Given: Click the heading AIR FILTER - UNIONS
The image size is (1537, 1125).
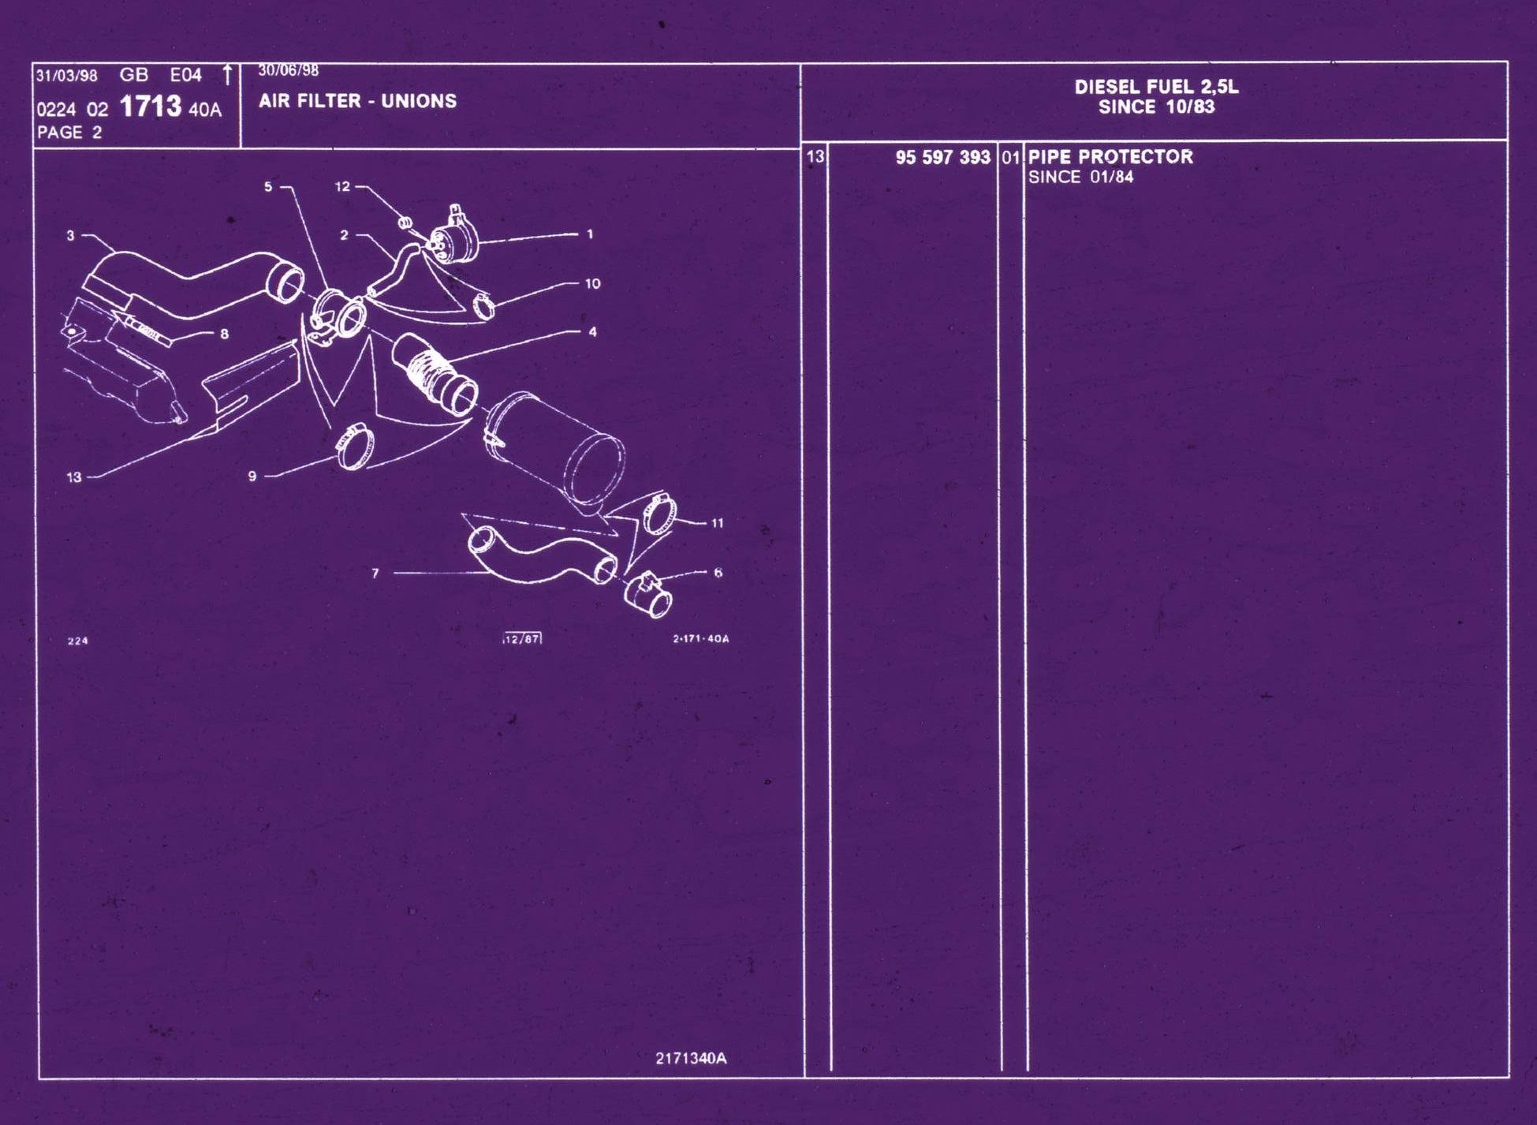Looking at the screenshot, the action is click(x=358, y=101).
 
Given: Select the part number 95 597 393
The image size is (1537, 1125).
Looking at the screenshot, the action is click(x=942, y=157).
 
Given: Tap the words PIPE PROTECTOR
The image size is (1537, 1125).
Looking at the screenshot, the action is click(x=1110, y=156).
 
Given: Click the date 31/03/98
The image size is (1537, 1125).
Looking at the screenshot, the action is click(x=67, y=76).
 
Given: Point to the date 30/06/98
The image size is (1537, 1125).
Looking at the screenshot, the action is click(x=289, y=70).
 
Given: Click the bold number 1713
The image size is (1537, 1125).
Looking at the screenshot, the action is click(x=151, y=106).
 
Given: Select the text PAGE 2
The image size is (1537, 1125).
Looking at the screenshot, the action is click(x=69, y=132).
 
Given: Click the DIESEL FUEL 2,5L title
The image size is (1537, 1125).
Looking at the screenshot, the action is click(x=1156, y=87).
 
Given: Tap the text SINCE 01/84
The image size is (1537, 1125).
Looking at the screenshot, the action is click(x=1080, y=177).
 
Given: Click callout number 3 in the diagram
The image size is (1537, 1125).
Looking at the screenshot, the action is click(x=70, y=235).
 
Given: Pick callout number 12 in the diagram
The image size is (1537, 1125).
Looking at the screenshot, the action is click(x=342, y=186).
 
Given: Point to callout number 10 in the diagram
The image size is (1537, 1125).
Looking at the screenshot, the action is click(x=592, y=283).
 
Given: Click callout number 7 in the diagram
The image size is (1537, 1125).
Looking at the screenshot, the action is click(x=375, y=574).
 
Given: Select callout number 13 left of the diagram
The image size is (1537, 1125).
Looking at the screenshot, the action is click(x=74, y=477).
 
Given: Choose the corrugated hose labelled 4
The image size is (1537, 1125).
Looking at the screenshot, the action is click(x=435, y=374).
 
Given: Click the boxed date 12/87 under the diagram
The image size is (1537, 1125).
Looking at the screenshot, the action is click(x=522, y=638).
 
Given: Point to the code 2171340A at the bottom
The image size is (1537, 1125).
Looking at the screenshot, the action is click(x=691, y=1058).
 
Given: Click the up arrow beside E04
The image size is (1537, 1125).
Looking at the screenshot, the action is click(x=227, y=75).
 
